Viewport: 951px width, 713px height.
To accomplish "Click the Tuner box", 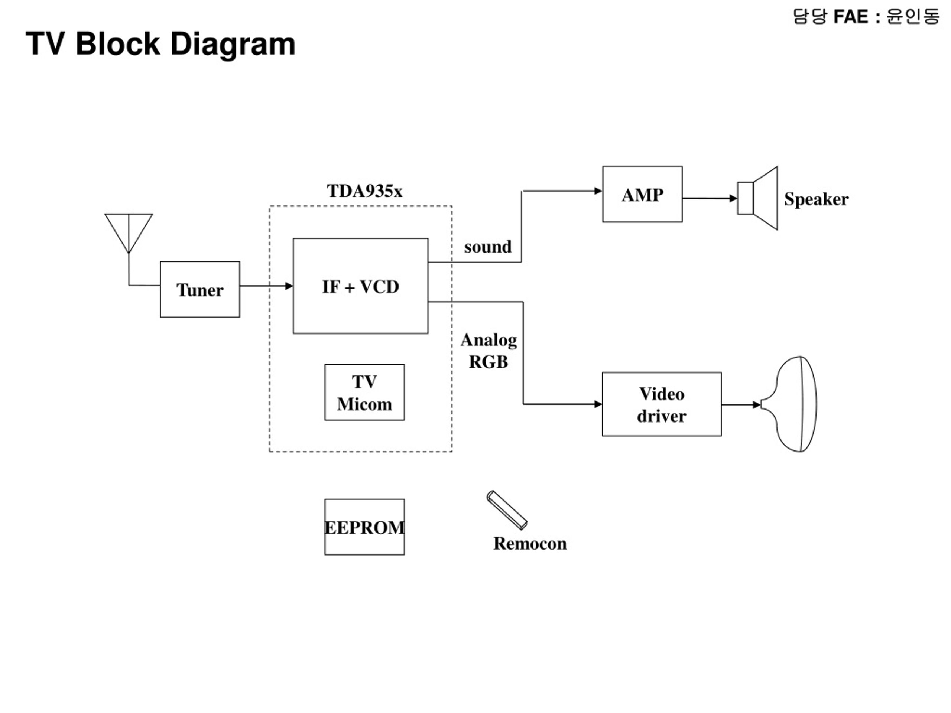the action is pos(200,289).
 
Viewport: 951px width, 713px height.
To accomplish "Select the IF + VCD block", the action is pos(360,286).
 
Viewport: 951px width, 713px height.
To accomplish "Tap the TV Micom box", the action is pos(364,393).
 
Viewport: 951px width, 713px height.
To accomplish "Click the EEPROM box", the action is pos(364,527).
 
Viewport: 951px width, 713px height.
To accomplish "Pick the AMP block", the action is pos(642,194).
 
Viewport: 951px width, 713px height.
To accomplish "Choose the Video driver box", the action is pos(662,404).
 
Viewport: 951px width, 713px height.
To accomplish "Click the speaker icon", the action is pos(757,198).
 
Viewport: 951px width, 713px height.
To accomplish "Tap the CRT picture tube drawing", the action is pos(789,404).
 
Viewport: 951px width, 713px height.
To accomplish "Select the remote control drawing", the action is pos(507,510).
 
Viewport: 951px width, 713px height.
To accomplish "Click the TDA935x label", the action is pos(364,191).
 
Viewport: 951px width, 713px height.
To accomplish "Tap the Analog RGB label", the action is pos(489,351).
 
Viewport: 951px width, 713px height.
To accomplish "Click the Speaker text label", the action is pos(816,199).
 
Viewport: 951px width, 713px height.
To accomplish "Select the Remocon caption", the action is pos(530,543).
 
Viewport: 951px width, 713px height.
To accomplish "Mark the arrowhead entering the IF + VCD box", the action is pos(289,286).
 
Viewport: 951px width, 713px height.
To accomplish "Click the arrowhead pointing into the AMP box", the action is pos(598,191).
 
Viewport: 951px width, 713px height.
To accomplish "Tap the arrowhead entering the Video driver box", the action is pos(598,404).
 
